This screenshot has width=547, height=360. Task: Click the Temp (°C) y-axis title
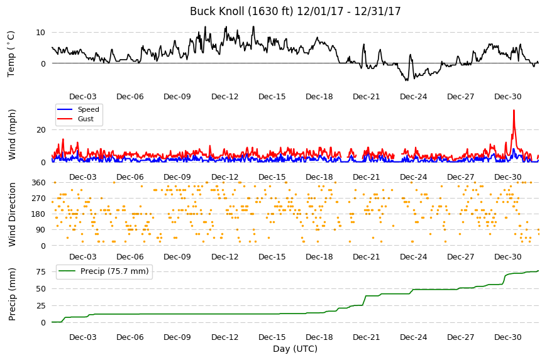click(11, 54)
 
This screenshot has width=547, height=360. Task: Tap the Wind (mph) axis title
click(12, 134)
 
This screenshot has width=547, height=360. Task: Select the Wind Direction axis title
click(12, 214)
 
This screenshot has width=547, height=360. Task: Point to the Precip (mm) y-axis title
click(12, 294)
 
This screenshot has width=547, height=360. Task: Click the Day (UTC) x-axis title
click(295, 349)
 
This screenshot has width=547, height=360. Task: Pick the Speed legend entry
click(79, 109)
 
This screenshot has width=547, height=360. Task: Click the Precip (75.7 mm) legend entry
click(104, 271)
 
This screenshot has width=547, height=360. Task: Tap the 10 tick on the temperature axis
click(40, 33)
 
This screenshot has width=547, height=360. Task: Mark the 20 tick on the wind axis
click(41, 129)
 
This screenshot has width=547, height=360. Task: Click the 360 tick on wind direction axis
click(38, 183)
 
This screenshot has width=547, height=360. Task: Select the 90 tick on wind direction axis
click(41, 230)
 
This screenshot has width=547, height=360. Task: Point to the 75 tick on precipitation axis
click(41, 272)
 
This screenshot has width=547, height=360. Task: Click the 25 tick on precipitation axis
click(41, 305)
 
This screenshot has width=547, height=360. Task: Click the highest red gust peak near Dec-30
click(514, 111)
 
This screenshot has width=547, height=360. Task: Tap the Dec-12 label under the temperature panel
click(224, 97)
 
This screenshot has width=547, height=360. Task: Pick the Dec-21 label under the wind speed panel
click(366, 177)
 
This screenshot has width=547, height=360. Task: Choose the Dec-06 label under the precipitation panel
click(130, 337)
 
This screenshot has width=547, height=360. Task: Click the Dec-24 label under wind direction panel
click(413, 257)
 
